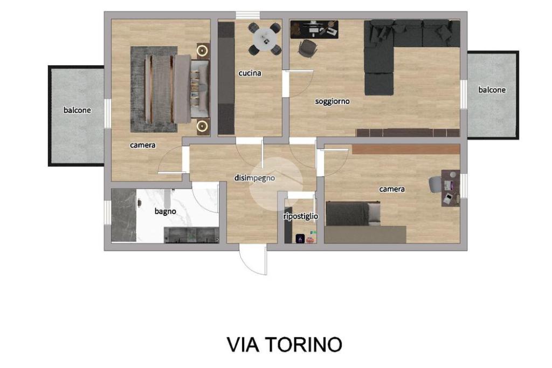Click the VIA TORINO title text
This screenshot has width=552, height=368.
coord(284,344)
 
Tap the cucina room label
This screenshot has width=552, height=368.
coord(250,73)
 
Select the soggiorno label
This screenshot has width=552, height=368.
coord(332,101)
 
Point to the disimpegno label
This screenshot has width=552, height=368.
coord(254,179)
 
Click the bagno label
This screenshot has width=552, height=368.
coord(165,212)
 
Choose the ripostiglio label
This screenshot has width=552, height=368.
coord(301,216)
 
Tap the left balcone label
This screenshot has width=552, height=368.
coord(77,110)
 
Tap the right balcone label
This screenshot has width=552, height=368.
coord(492,90)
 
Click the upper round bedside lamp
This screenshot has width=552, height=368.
coord(202,51)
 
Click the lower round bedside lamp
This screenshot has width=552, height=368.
coord(202,126)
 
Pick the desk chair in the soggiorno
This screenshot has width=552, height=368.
coord(307,48)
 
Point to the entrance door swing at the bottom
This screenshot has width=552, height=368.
coord(252,261)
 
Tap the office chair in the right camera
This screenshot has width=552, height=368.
coord(434,185)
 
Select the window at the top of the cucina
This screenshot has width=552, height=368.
coord(248,15)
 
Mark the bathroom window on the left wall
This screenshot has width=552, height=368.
coord(107,212)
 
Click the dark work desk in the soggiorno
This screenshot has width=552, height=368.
coord(314,29)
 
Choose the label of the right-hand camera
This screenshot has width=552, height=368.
coord(392,189)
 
